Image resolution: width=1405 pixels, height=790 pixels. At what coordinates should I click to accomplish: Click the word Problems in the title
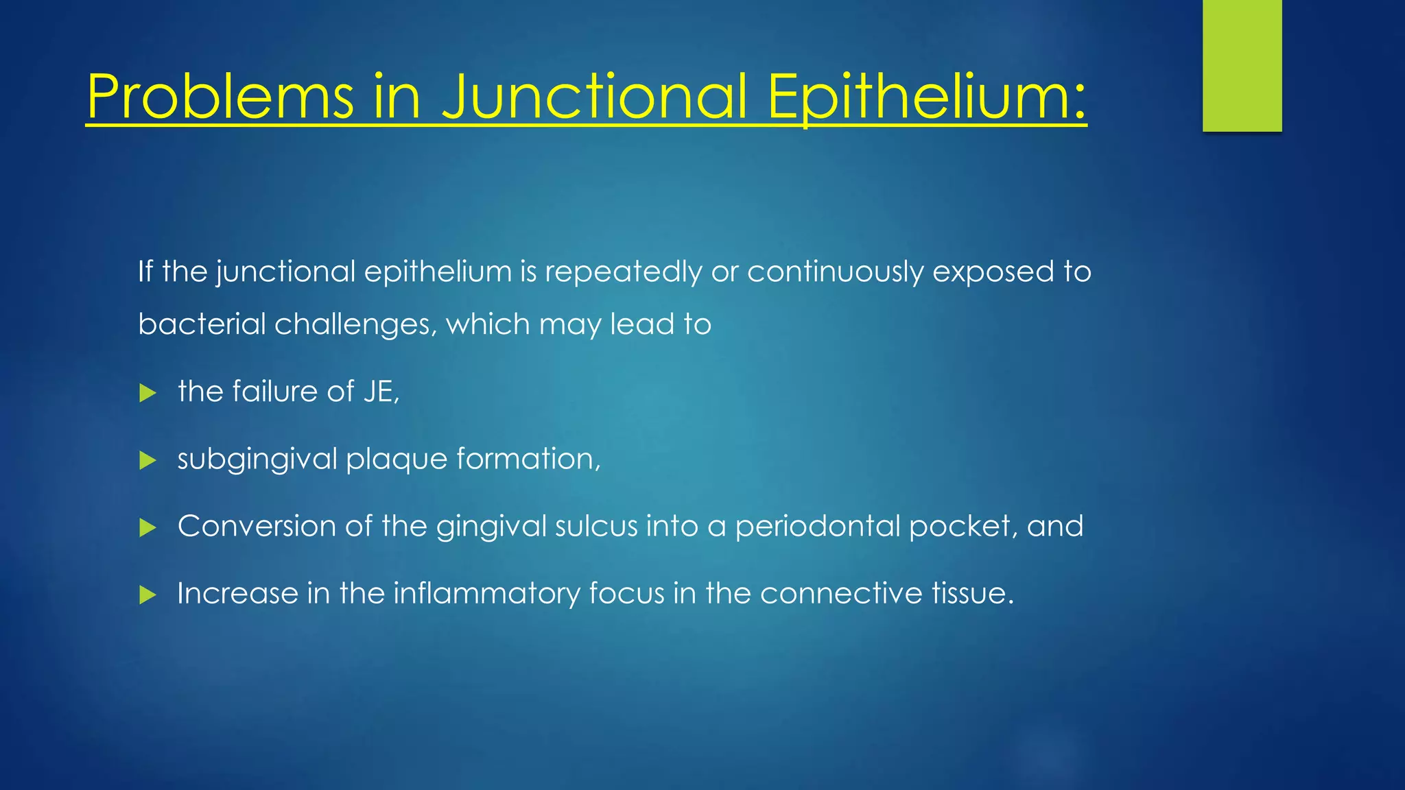220,97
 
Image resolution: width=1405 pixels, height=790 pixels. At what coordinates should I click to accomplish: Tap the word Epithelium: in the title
926,97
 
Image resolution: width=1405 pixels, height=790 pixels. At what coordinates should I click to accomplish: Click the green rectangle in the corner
1242,66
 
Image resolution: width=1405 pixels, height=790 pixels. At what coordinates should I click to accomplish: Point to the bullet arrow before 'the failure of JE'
147,393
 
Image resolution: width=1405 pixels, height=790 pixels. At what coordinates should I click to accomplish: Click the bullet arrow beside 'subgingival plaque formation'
147,460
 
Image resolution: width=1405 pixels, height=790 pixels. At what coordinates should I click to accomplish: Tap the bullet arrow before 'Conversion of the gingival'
147,527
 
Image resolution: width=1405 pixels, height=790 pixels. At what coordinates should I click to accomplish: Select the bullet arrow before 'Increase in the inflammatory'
147,595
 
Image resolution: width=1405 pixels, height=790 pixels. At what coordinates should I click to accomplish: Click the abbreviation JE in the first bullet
380,392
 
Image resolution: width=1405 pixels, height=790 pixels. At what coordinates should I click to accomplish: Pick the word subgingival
257,459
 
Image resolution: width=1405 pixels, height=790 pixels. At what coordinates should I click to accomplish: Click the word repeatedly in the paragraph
623,272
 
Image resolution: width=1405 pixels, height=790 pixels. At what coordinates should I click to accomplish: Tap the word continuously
835,272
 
